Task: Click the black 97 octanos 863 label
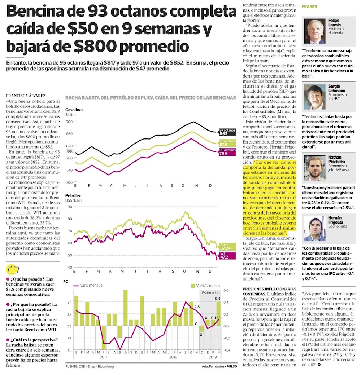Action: click(x=227, y=132)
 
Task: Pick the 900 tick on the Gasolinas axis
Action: click(x=69, y=122)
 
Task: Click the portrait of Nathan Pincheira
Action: click(x=314, y=168)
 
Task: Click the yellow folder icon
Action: click(x=13, y=269)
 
